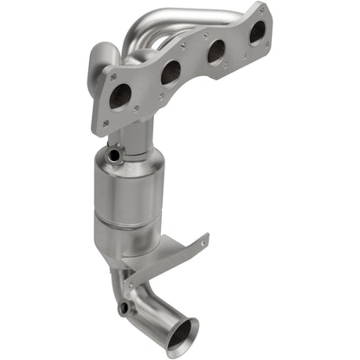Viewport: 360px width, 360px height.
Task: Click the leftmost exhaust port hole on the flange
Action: tap(120, 95)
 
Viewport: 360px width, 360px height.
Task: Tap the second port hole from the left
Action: tap(170, 72)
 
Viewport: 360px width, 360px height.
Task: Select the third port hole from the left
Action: tap(215, 52)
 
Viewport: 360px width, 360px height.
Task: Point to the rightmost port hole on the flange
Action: tap(257, 33)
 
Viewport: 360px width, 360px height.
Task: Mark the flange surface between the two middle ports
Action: tap(192, 67)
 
